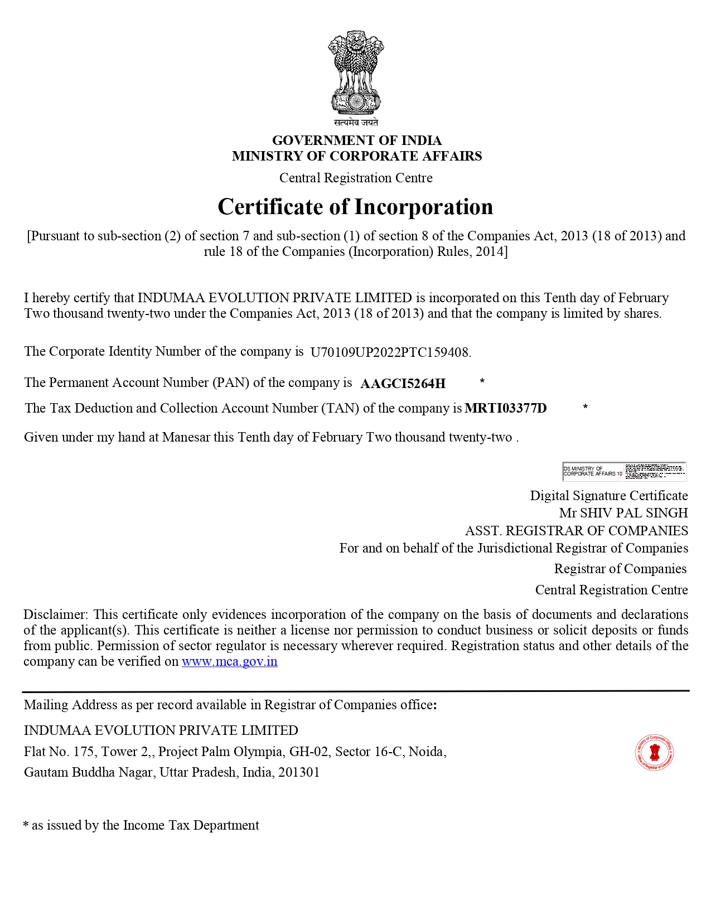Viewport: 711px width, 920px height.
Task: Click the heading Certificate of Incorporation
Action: [x=355, y=207]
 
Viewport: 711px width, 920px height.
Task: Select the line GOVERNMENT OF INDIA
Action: [x=356, y=140]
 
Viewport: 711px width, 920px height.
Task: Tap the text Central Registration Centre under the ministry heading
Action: [x=356, y=178]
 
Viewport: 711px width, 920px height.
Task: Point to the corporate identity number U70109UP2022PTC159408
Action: [x=390, y=352]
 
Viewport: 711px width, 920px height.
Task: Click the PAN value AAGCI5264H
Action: [x=403, y=384]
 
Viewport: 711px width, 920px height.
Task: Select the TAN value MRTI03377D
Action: [x=505, y=408]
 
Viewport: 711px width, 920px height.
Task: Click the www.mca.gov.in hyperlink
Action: [x=229, y=662]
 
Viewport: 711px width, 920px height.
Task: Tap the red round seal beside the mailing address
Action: [x=654, y=752]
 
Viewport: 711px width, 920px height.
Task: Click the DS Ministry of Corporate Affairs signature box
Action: [x=624, y=471]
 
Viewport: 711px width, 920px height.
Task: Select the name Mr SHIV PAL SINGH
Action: [x=623, y=513]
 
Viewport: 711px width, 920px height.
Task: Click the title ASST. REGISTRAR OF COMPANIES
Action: [x=576, y=531]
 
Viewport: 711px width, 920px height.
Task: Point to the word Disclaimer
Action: [x=55, y=614]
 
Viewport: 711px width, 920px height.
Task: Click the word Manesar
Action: [x=186, y=437]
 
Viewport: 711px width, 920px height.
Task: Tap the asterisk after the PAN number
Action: [x=482, y=381]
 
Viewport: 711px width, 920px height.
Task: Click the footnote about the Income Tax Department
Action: [x=142, y=825]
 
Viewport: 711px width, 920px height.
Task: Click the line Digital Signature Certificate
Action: [x=608, y=496]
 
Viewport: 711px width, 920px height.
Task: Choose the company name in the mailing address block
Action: [x=161, y=730]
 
